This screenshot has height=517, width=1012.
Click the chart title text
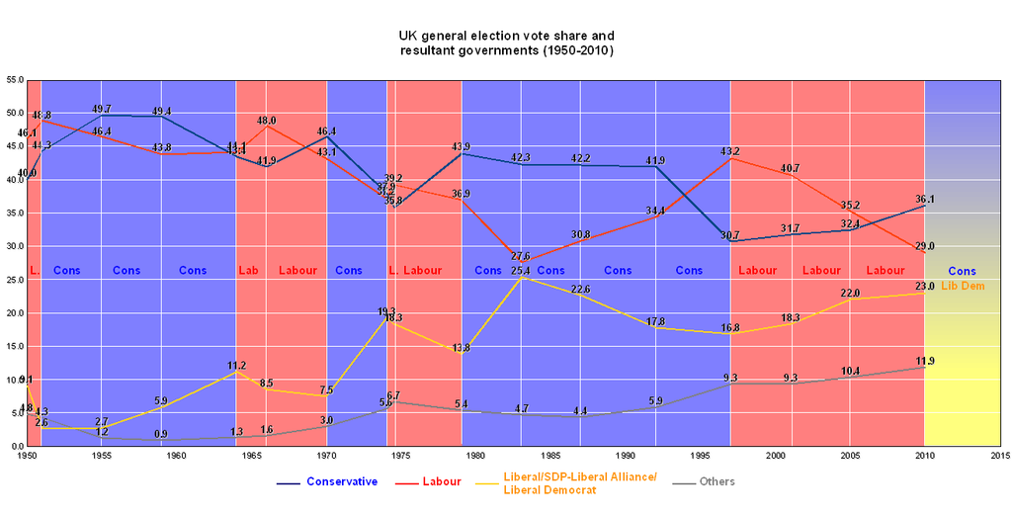click(505, 42)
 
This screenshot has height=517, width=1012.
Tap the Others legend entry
click(716, 481)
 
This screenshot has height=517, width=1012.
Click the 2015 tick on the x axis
click(999, 456)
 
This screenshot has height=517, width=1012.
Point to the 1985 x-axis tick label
click(550, 456)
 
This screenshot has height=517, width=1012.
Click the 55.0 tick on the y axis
click(15, 79)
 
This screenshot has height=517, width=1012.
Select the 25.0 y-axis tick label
click(15, 280)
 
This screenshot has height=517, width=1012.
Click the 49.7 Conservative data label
click(102, 109)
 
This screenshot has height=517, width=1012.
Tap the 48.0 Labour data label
click(266, 121)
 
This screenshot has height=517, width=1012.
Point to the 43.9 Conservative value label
click(462, 147)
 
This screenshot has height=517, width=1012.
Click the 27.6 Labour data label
click(521, 256)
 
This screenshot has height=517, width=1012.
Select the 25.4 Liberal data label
click(521, 270)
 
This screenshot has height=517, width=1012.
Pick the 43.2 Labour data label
click(730, 151)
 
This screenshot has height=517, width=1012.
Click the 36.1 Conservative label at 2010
click(924, 199)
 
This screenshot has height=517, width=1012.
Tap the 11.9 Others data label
click(924, 361)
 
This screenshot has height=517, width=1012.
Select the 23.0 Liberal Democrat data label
click(924, 286)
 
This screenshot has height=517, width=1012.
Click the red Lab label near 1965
click(248, 270)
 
